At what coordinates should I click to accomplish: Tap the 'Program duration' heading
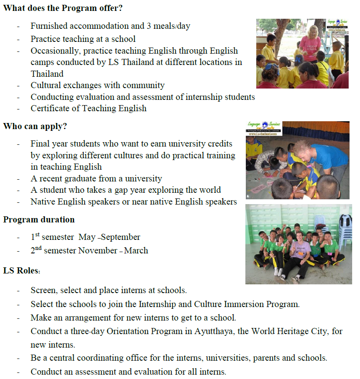pos(39,219)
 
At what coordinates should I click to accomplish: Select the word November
pos(99,251)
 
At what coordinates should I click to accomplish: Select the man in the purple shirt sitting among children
pos(301,255)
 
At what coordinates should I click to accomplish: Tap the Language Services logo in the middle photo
pos(264,128)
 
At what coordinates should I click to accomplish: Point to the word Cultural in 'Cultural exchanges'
pos(46,85)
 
